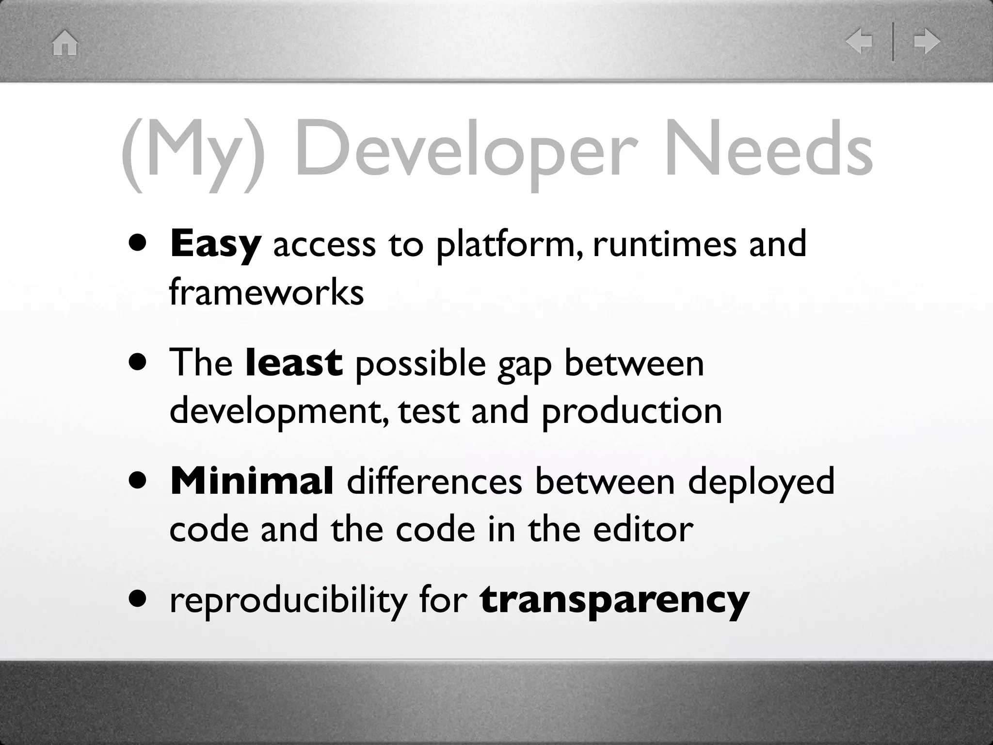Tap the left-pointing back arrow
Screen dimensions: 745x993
click(x=859, y=42)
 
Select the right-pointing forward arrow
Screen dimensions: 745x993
click(x=927, y=42)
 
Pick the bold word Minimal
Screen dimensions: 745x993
click(x=252, y=481)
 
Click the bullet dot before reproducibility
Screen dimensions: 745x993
click(x=138, y=599)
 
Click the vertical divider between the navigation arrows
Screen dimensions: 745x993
click(x=893, y=42)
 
